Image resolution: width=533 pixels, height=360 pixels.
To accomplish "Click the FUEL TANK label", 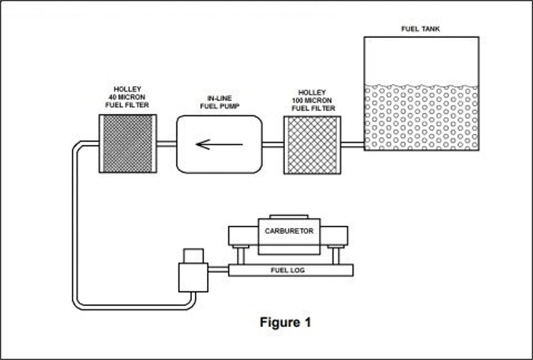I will pyautogui.click(x=420, y=29).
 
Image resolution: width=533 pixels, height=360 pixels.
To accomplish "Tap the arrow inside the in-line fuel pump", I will pyautogui.click(x=219, y=144).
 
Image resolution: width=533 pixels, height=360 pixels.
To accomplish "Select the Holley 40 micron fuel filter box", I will pyautogui.click(x=128, y=144).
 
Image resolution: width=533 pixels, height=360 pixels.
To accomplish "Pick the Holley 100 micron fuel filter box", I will pyautogui.click(x=312, y=145).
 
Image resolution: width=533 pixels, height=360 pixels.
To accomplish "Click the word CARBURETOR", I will pyautogui.click(x=289, y=230).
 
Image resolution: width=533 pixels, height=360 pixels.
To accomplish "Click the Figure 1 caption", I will pyautogui.click(x=285, y=322).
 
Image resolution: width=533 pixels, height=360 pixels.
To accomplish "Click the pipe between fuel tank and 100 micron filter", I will pyautogui.click(x=352, y=145).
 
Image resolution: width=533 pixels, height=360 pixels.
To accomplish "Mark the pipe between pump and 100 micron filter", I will pyautogui.click(x=273, y=145).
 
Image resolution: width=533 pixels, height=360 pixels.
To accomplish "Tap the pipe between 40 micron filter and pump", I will pyautogui.click(x=166, y=144).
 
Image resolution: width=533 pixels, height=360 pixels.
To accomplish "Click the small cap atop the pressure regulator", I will pyautogui.click(x=193, y=256).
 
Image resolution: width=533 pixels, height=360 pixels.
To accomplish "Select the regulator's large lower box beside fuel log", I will pyautogui.click(x=193, y=277).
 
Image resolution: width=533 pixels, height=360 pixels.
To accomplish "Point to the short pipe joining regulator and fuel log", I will pyautogui.click(x=218, y=269).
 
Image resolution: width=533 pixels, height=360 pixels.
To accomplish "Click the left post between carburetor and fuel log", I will pyautogui.click(x=241, y=255).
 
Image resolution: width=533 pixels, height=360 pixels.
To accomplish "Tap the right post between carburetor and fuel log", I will pyautogui.click(x=336, y=255).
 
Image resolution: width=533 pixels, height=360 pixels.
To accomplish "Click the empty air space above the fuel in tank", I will pyautogui.click(x=421, y=60).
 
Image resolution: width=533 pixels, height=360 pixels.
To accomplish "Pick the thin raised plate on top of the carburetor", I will pyautogui.click(x=289, y=216).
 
